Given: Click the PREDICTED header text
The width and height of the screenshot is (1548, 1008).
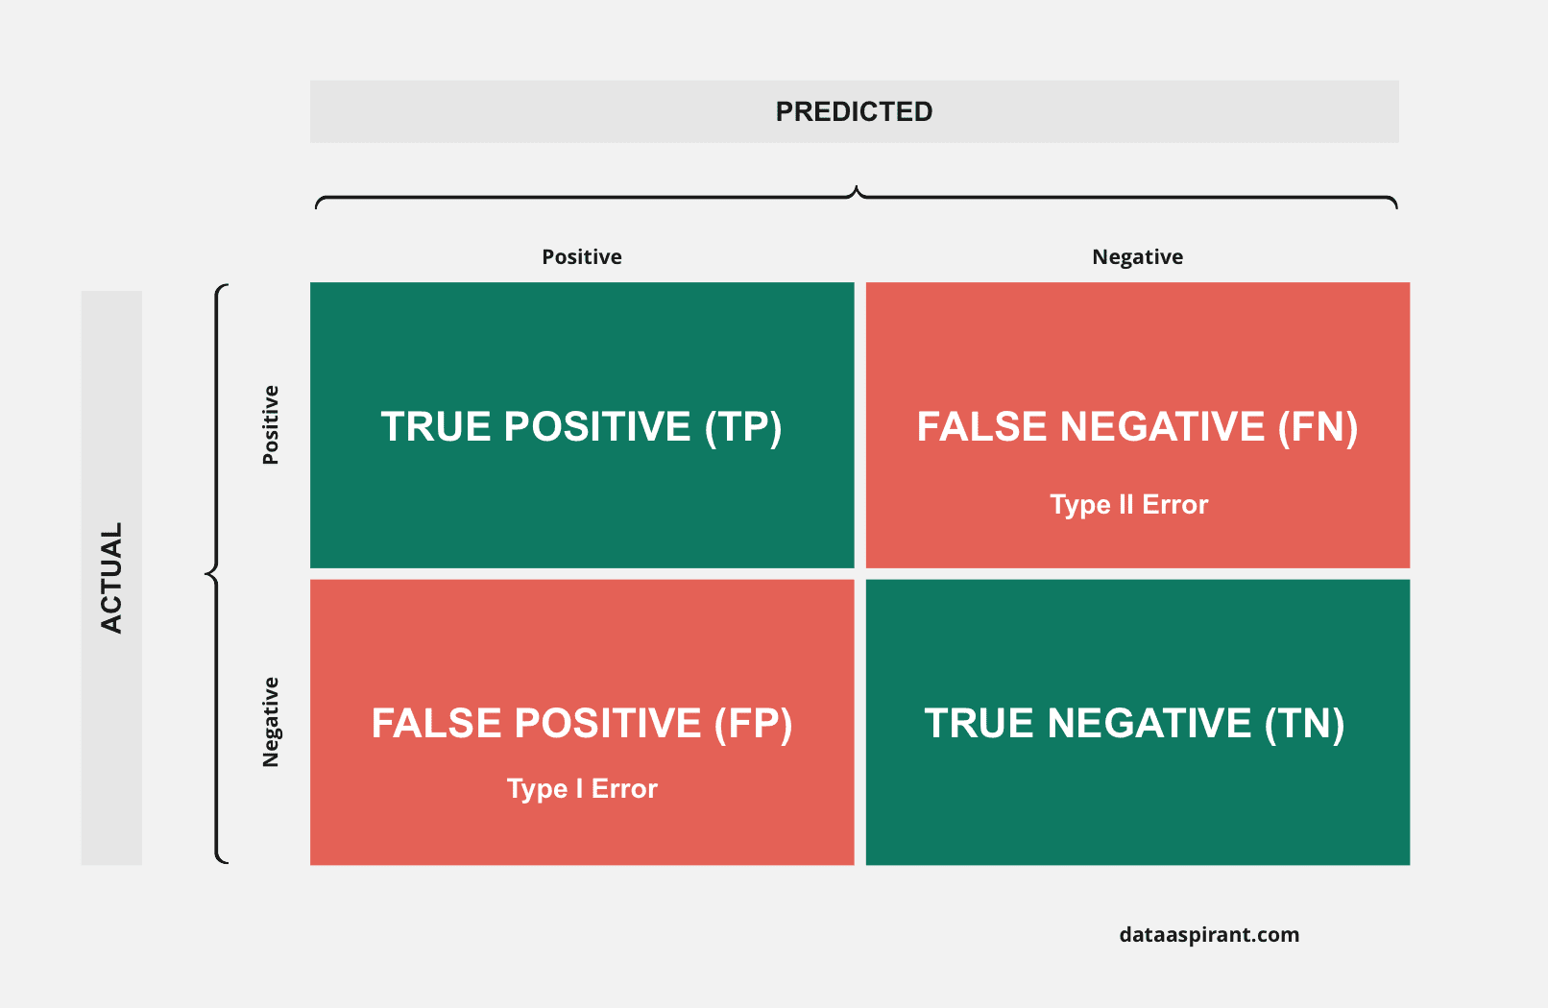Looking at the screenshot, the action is coord(854,112).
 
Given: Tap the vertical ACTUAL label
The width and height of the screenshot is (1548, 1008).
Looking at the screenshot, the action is coord(111,578).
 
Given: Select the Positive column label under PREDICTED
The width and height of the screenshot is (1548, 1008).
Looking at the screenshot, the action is coord(582,257).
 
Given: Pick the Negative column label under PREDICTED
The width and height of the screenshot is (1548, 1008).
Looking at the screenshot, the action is coord(1138,257).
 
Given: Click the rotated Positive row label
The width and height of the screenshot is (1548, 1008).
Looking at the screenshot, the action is coord(270,425).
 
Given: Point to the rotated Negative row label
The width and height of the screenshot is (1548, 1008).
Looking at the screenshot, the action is coord(270,722).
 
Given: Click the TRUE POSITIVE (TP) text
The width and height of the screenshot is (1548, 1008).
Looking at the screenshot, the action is coord(581,426).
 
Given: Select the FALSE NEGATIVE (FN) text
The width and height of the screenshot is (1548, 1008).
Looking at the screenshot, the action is coord(1138,426).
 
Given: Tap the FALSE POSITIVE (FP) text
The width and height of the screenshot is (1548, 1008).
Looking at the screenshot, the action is coord(582,723).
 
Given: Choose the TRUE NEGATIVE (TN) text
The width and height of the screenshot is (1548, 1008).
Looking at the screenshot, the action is coord(1135,723).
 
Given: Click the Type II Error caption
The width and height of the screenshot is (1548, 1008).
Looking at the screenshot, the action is coord(1129,505).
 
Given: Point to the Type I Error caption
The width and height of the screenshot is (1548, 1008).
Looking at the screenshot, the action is coord(582,789).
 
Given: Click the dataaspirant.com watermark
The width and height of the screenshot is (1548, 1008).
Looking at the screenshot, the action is coord(1209,935).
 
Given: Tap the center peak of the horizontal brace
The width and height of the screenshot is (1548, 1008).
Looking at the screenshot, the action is coord(857,186).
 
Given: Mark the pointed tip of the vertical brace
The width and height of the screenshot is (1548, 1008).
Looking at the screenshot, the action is coord(206,573).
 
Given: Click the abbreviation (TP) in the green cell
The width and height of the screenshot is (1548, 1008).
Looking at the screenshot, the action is coord(743,426).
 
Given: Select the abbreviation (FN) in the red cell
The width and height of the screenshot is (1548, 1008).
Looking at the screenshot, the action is coord(1318,426).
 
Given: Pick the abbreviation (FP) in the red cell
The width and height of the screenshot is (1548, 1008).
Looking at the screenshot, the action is coord(753,723).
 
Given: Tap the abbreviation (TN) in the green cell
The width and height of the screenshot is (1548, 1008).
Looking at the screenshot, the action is coord(1305,723).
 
